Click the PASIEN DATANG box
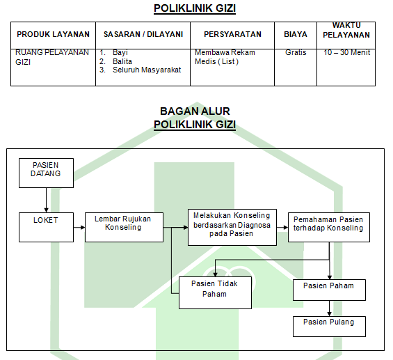tap(46, 173)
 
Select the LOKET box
tap(46, 227)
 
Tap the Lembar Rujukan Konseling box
tap(124, 227)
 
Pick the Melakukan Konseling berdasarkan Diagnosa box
tap(232, 227)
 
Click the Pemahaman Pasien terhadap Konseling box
tap(329, 227)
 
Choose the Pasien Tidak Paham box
tap(215, 292)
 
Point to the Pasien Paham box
tap(329, 290)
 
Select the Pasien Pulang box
tap(329, 327)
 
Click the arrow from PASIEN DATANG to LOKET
tap(46, 200)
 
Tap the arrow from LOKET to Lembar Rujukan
tap(79, 227)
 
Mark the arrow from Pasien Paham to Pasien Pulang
tap(329, 308)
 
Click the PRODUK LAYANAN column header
tap(53, 34)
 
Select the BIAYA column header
tap(296, 34)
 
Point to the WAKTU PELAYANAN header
tap(346, 30)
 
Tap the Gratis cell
tap(296, 52)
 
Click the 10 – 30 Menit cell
tap(346, 52)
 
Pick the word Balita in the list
tap(122, 61)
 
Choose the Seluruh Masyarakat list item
tap(147, 70)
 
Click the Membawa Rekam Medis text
tap(225, 57)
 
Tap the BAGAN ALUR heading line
tap(195, 111)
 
